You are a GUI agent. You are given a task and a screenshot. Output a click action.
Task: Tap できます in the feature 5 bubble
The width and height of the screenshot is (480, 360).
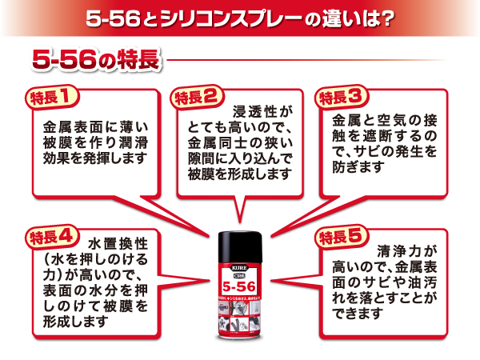pos(349,314)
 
